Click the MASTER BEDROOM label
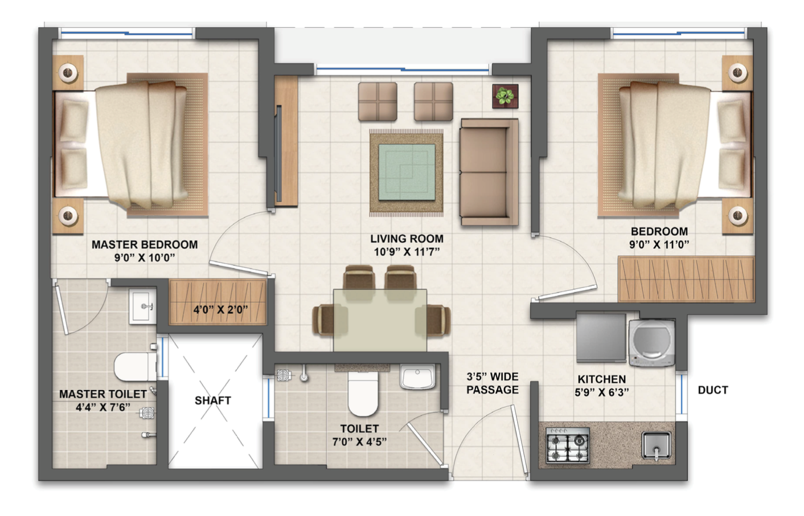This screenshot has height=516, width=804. click(145, 244)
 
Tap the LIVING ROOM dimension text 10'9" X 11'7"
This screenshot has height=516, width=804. click(407, 252)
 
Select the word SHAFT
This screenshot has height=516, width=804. click(212, 400)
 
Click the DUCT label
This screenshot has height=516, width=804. click(712, 390)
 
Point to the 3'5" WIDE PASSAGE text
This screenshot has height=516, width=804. click(493, 383)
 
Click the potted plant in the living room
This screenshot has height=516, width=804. click(505, 96)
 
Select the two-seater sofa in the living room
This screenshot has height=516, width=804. click(489, 172)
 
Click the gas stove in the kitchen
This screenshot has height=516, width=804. click(568, 445)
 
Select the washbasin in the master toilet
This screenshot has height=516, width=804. click(142, 306)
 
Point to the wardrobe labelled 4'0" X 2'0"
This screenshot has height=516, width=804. click(219, 302)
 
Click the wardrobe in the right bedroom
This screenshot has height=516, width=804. click(686, 279)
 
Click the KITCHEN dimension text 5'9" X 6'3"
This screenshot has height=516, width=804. click(601, 392)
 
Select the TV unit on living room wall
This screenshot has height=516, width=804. click(286, 141)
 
